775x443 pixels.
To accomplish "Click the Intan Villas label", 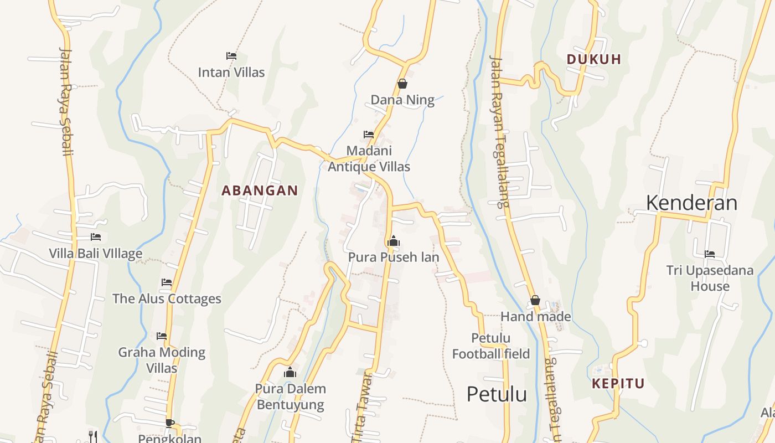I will click(231, 72).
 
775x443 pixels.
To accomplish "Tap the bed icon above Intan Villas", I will click(231, 56).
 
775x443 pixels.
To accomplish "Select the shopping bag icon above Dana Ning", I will click(402, 84).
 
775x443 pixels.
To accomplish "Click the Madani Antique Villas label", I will click(369, 158).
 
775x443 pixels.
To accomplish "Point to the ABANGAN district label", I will click(260, 190).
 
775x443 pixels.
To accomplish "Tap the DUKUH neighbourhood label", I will click(594, 59).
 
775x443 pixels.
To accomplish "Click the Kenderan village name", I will click(691, 203).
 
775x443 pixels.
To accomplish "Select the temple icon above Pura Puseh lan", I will click(394, 241).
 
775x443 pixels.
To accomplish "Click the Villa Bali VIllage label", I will click(96, 254).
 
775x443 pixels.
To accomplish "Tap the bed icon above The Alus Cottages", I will click(167, 282).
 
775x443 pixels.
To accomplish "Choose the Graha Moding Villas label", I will click(162, 360).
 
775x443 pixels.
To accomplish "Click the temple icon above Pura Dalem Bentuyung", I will click(290, 373).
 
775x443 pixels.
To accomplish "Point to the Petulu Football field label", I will click(491, 346).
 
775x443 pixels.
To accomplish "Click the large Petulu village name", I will click(497, 394).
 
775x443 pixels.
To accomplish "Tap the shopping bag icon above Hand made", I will click(535, 301).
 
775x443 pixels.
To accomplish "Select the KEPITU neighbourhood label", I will click(618, 383).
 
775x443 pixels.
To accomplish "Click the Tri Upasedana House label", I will click(710, 278).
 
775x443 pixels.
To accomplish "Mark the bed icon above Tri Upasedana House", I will click(710, 254).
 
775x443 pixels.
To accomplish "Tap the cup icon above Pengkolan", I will click(170, 424).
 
